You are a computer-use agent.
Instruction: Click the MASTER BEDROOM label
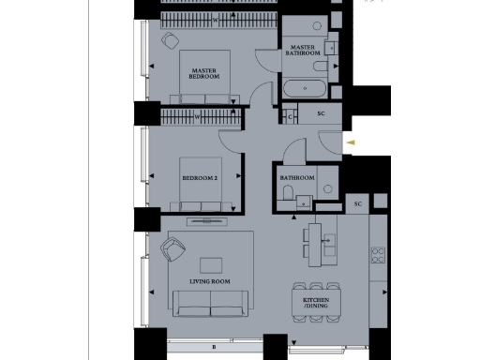(205, 73)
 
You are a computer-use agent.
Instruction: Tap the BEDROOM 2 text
(200, 176)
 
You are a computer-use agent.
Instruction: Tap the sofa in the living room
(210, 302)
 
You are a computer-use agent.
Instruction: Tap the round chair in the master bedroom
(170, 39)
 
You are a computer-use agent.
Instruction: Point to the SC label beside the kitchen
(358, 204)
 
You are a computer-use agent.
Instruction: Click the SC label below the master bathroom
(321, 114)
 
